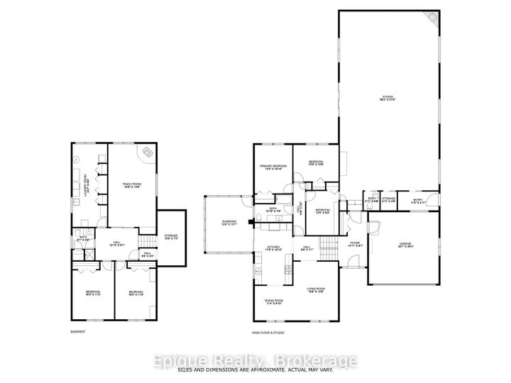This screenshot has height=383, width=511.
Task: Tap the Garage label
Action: [x=405, y=245]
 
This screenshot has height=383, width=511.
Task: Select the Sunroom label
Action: [x=229, y=223]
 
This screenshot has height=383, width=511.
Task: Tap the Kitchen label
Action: [x=274, y=249]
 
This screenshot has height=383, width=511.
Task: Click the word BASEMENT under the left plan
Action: [x=78, y=332]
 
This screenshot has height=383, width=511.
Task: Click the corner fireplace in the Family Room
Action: [x=147, y=152]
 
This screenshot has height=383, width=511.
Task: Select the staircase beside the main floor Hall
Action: [x=329, y=248]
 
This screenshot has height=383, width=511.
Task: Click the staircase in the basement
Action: [x=146, y=242]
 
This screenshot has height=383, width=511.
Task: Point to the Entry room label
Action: [x=418, y=202]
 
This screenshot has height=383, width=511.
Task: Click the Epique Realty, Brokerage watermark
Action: [x=255, y=362]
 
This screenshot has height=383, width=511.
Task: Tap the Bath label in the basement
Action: [x=83, y=239]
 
